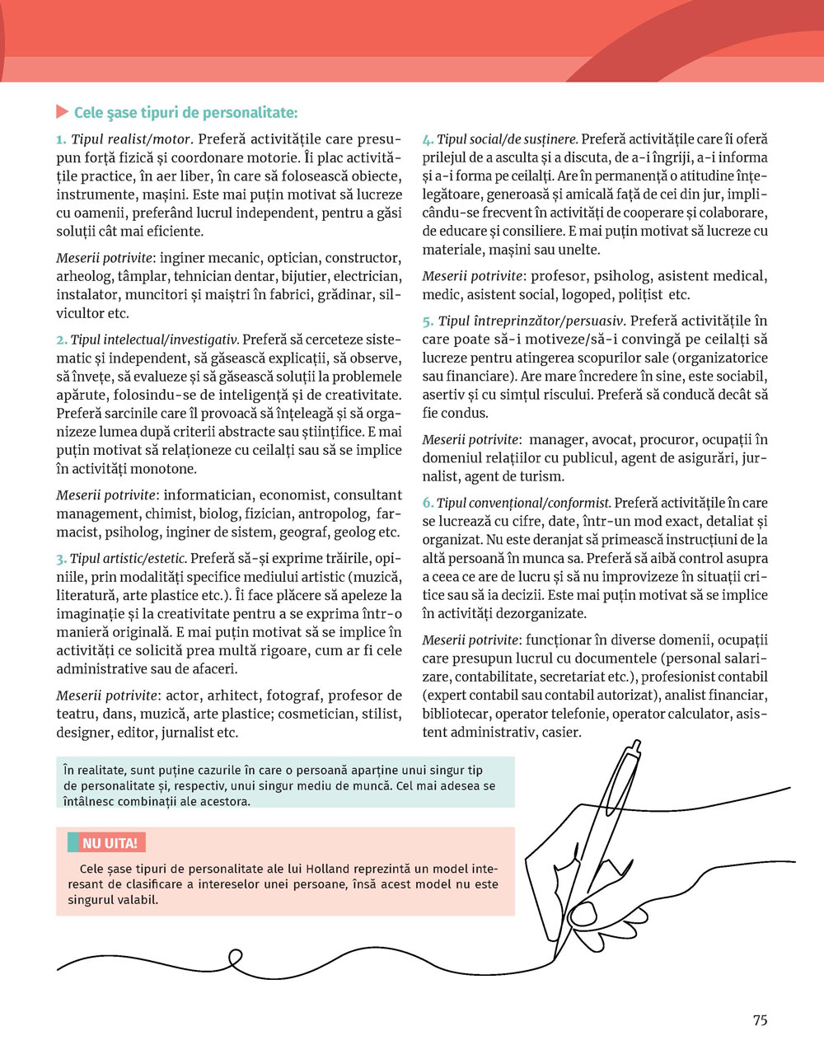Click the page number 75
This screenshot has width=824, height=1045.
pos(760,1020)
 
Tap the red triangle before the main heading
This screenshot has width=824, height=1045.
pos(62,111)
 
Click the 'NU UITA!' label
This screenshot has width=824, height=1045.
pos(110,843)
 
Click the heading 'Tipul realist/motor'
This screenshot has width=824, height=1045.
pos(131,139)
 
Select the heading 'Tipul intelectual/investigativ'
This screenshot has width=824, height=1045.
pos(154,340)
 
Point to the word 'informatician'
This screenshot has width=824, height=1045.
pos(207,495)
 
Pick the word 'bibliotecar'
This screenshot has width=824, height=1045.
pos(456,714)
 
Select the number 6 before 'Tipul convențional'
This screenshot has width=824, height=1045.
pos(428,504)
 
